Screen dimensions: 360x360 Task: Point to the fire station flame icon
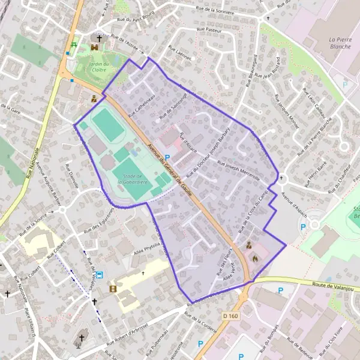(x=255, y=259)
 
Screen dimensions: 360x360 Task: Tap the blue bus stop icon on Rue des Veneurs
(x=99, y=275)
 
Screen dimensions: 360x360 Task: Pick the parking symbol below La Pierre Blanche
(x=345, y=85)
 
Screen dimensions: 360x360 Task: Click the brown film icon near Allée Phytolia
(x=113, y=289)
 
